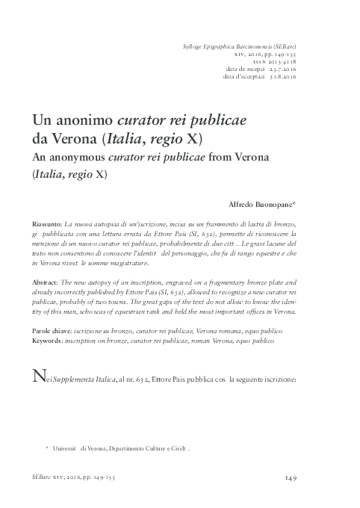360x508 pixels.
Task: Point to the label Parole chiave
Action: (53, 329)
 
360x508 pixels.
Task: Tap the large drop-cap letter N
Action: (38, 377)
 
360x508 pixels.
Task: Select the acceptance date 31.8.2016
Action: (282, 76)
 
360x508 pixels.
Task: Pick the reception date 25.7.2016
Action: (282, 69)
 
